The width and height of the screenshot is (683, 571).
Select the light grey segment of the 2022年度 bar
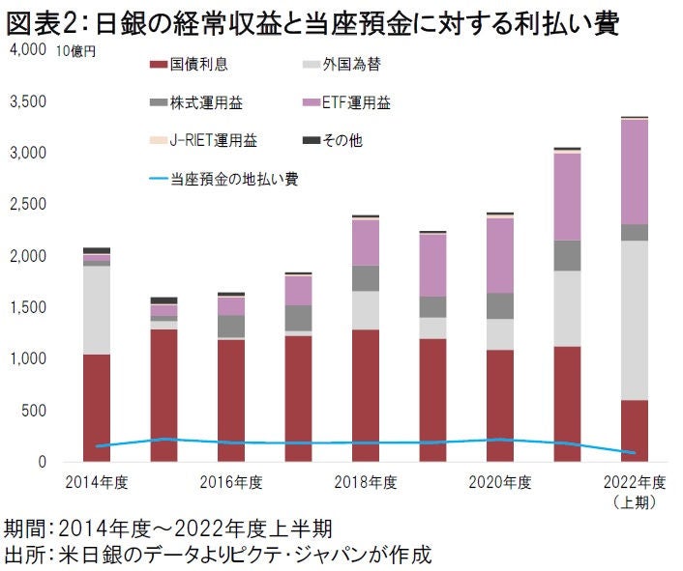(635, 319)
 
